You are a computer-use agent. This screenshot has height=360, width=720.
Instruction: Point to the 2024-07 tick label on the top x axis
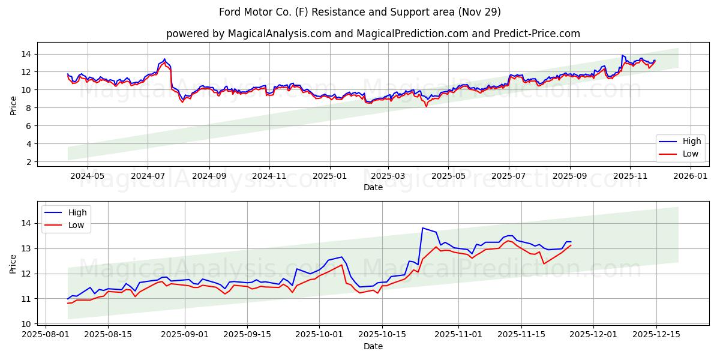(x=148, y=176)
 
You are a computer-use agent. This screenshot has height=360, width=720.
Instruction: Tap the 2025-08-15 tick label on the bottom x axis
(x=108, y=334)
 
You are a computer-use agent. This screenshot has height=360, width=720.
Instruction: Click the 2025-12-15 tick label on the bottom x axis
(x=655, y=334)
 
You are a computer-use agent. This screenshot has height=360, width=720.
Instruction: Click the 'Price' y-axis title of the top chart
(x=14, y=105)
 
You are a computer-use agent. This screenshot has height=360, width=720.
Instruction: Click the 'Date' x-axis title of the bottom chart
(x=373, y=346)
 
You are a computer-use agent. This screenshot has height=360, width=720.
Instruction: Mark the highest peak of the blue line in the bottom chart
(x=422, y=228)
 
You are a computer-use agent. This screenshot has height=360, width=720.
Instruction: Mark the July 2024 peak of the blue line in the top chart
(x=164, y=59)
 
